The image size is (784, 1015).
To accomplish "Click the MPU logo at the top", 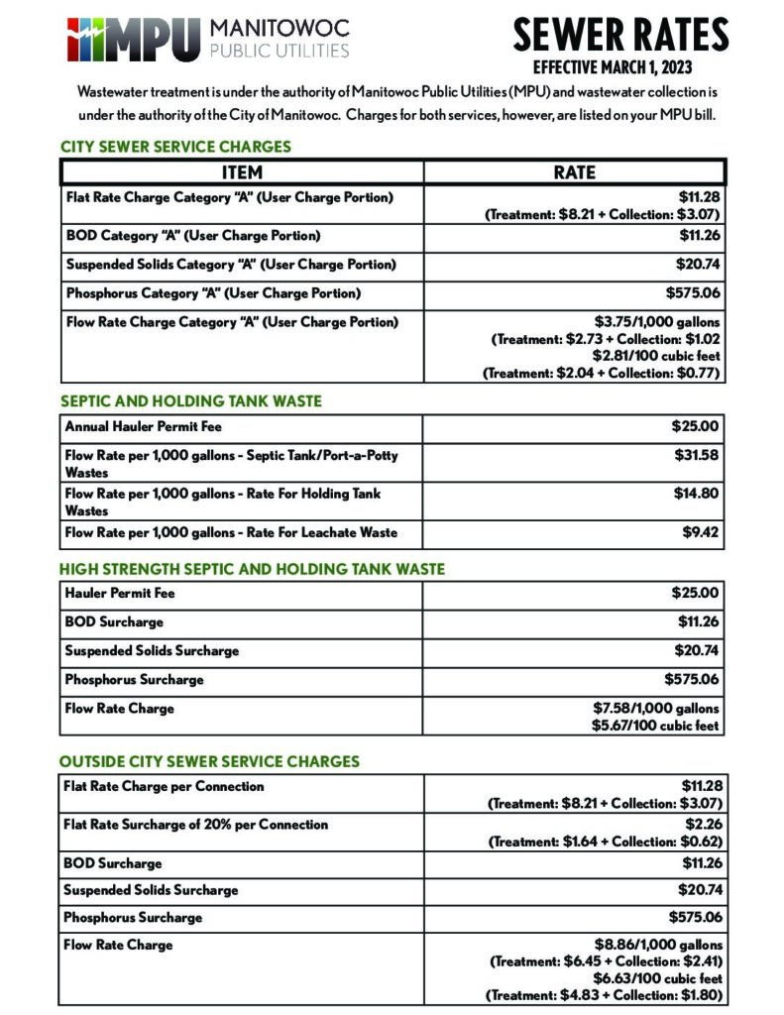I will click(208, 38).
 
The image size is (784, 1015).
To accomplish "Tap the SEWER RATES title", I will click(620, 36).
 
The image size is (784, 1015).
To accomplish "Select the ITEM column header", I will click(242, 171).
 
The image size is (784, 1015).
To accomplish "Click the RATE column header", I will click(574, 171).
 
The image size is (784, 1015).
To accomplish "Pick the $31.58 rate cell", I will click(697, 455).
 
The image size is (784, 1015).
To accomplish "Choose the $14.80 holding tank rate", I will click(697, 494).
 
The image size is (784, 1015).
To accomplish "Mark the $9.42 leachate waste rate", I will click(701, 532).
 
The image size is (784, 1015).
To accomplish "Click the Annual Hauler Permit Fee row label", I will click(144, 427).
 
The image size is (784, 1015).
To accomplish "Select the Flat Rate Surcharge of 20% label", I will click(195, 825).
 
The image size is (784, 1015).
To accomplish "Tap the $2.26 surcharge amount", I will click(703, 825).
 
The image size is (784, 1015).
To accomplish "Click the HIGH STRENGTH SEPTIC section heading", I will click(252, 570).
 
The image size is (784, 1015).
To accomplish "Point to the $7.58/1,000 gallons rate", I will click(655, 708).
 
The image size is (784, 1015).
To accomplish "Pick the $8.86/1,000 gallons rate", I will click(658, 945).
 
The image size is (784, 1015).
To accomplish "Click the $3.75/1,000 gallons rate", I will click(657, 321).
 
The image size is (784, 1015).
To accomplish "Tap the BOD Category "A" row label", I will click(193, 236).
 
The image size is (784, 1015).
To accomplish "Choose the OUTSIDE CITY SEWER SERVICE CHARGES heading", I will click(209, 762).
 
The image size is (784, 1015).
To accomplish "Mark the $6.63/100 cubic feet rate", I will click(658, 978).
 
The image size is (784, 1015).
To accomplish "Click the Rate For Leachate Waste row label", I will click(231, 532).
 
